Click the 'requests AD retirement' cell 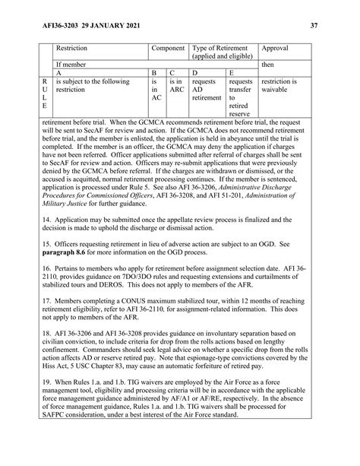[x=207, y=90]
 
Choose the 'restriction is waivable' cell [x=283, y=86]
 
